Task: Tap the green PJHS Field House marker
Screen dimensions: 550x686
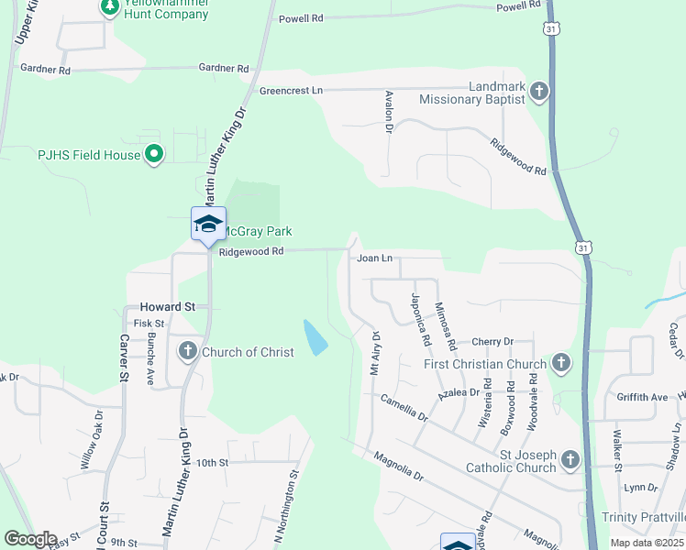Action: (154, 155)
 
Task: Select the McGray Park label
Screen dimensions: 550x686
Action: (256, 232)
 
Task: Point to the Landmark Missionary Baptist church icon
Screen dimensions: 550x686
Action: (538, 91)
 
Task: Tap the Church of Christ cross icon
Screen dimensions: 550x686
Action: (187, 352)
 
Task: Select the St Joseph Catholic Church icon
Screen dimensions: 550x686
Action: (570, 458)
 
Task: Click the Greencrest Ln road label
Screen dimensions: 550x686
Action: (292, 91)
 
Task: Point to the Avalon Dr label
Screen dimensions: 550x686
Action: (389, 113)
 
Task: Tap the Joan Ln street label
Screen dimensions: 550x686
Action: (374, 258)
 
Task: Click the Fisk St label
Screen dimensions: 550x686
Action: (149, 324)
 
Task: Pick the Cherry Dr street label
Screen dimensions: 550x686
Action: (492, 342)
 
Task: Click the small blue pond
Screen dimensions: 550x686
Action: (315, 337)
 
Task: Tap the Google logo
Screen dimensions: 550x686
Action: (30, 539)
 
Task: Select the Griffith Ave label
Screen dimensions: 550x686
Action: (643, 397)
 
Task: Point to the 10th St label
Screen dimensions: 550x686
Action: (211, 463)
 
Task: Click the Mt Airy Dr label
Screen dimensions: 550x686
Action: (374, 354)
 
